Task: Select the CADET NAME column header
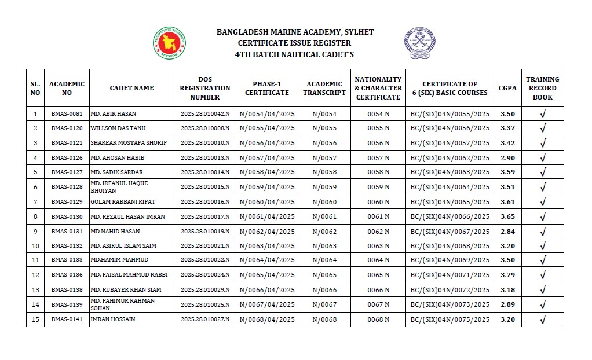131,88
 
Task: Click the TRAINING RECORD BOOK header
542,88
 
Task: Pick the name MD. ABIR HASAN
114,114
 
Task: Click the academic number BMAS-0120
67,128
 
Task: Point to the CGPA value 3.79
507,275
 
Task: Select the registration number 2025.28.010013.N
205,157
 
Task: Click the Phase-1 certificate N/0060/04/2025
266,202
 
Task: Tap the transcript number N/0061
324,216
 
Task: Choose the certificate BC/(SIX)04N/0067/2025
450,232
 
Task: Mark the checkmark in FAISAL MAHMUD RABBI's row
543,275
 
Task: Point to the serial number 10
35,246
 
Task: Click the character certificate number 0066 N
378,290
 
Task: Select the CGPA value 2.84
507,232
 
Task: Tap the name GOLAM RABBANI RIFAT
123,202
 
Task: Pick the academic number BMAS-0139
67,304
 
